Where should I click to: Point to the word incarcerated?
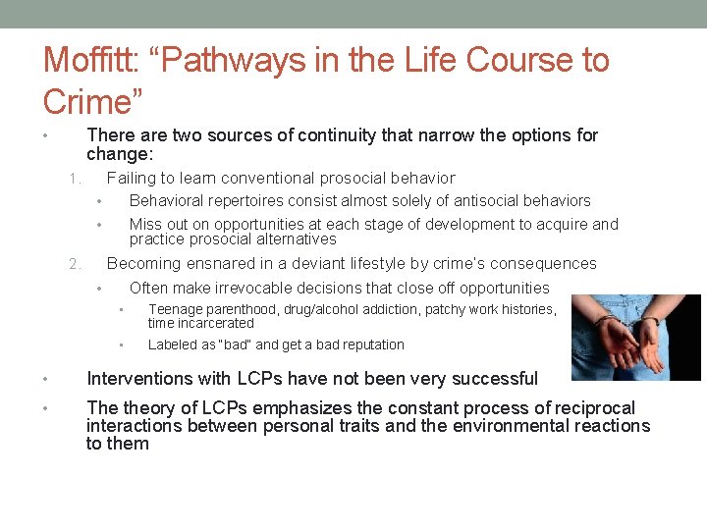click(x=216, y=323)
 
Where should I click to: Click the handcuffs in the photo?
click(x=620, y=323)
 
